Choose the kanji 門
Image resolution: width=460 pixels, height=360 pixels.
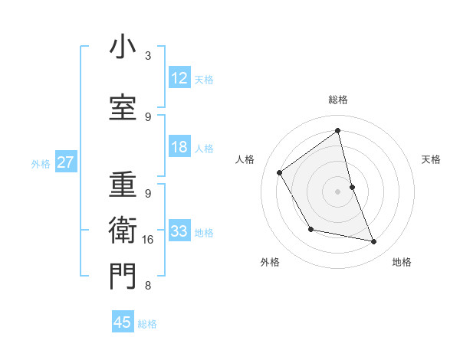(x=123, y=277)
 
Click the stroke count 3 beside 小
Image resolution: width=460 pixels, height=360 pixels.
(x=148, y=56)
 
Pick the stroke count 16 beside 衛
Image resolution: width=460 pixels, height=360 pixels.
(x=148, y=240)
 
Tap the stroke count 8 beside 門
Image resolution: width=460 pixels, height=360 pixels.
(x=148, y=286)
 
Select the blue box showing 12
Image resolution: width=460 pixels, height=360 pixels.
(x=179, y=78)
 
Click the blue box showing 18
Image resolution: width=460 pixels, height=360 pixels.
(x=179, y=147)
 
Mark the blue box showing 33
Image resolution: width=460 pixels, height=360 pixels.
(x=179, y=231)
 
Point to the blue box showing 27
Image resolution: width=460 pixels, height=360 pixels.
(x=65, y=162)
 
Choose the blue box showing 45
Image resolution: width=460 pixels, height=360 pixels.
(x=123, y=322)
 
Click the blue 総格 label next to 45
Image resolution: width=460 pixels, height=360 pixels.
(x=147, y=324)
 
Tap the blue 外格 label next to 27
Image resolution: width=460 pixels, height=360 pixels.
(x=41, y=163)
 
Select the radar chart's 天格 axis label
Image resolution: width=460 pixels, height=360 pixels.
(x=431, y=159)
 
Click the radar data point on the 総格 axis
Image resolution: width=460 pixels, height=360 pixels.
(x=337, y=131)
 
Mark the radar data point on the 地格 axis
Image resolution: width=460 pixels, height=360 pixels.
(x=374, y=242)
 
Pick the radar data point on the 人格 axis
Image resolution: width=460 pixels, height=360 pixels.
(x=280, y=173)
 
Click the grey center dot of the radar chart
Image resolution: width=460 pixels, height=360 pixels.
(x=337, y=191)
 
